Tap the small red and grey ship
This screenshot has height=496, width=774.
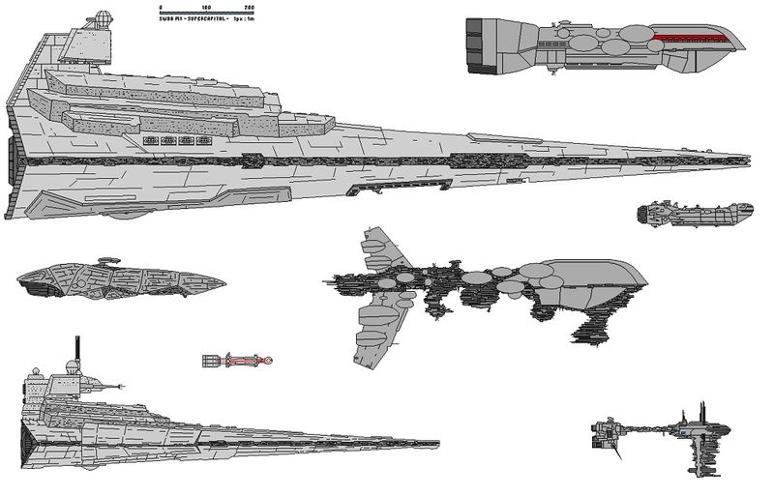coord(238,361)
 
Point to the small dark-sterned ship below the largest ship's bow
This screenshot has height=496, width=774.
coord(690,215)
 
